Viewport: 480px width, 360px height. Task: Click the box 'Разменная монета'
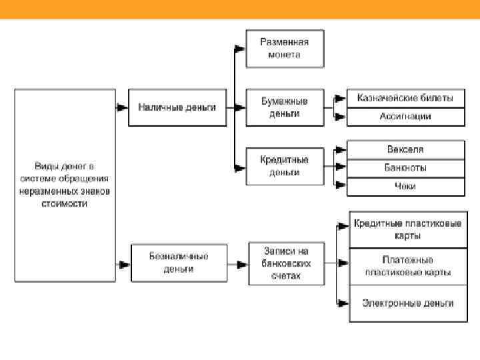click(285, 48)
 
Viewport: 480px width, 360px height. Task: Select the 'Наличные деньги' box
click(177, 107)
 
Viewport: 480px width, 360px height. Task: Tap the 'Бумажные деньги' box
click(285, 107)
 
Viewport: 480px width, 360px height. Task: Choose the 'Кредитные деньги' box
click(285, 166)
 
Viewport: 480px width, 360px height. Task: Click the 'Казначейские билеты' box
click(405, 98)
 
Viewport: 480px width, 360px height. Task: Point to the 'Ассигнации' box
click(405, 116)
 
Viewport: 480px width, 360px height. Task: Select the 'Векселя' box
click(405, 149)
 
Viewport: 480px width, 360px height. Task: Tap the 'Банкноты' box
click(405, 167)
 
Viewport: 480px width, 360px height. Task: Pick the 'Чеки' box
click(405, 186)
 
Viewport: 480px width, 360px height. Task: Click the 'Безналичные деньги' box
click(179, 263)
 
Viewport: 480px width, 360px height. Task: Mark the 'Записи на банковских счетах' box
click(287, 263)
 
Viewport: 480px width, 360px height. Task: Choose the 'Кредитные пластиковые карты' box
click(407, 229)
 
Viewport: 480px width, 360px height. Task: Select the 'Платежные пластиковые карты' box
click(407, 266)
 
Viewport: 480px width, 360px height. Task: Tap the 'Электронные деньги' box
click(407, 303)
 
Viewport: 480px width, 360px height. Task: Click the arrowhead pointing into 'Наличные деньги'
click(123, 107)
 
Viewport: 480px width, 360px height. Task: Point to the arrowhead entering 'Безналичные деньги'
click(125, 263)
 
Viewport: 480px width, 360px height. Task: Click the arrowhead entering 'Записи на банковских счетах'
click(243, 263)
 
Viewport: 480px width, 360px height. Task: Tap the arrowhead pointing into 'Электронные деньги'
click(344, 303)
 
